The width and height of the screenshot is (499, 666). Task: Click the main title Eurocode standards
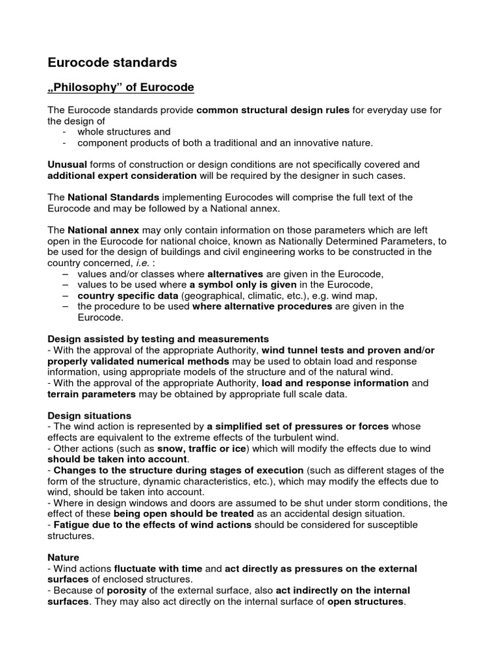[112, 63]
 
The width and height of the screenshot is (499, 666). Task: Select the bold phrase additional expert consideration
[122, 176]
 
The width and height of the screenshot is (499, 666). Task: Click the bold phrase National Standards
[113, 197]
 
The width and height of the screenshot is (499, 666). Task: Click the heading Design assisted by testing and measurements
[159, 339]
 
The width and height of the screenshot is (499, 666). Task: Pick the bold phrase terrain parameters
[92, 394]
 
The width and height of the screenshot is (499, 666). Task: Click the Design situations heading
[90, 416]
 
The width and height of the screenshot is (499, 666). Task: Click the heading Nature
[64, 557]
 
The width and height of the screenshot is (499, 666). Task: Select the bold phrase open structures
[366, 602]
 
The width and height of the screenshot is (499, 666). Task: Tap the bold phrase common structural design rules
[273, 110]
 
